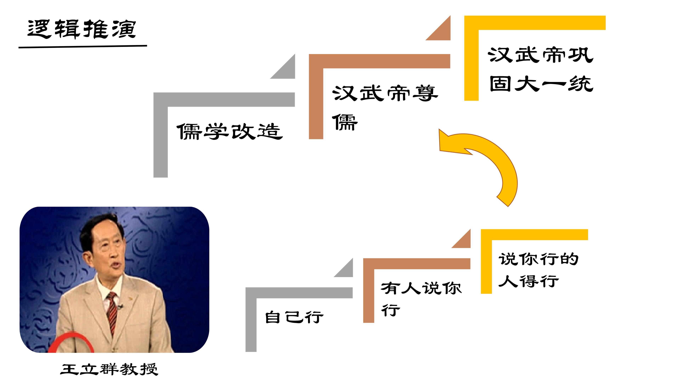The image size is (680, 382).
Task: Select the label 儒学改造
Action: click(x=230, y=131)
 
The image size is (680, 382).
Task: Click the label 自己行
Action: click(x=294, y=317)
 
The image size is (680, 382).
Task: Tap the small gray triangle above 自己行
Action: click(x=346, y=270)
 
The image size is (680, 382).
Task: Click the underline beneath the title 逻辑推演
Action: click(x=83, y=47)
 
